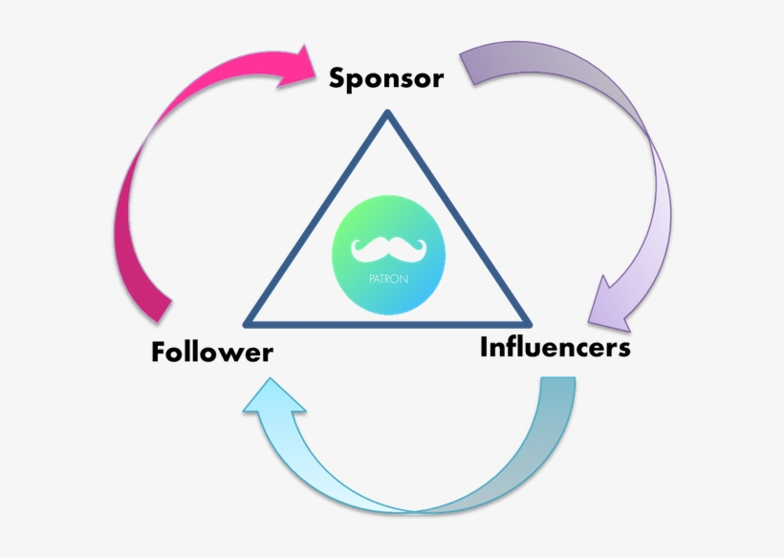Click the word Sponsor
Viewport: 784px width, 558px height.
pos(386,78)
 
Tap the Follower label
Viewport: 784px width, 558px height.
pos(211,352)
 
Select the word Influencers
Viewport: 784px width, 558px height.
pos(555,347)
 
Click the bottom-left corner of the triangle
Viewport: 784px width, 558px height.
pos(249,323)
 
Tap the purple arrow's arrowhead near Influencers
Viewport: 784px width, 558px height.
pos(612,304)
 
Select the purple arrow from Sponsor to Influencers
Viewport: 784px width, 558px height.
pos(631,153)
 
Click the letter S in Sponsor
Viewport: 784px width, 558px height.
pos(338,78)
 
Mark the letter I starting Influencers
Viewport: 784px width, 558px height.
pos(485,346)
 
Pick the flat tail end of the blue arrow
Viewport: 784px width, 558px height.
pos(557,382)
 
